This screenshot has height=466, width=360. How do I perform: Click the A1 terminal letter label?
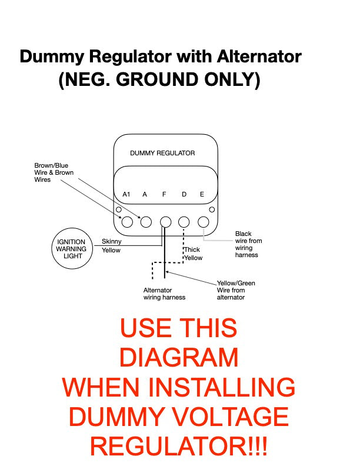pyautogui.click(x=126, y=194)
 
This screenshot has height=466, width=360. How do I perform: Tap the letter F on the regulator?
pyautogui.click(x=164, y=194)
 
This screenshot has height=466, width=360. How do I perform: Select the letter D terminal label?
pyautogui.click(x=184, y=194)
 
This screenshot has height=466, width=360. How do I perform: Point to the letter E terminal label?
pyautogui.click(x=202, y=194)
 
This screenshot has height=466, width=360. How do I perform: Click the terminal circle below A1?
pyautogui.click(x=127, y=222)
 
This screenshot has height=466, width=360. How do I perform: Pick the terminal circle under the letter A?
pyautogui.click(x=146, y=222)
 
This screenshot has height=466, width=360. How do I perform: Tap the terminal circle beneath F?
pyautogui.click(x=165, y=222)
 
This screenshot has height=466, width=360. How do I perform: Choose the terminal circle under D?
pyautogui.click(x=184, y=222)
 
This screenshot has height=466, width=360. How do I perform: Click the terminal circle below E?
pyautogui.click(x=204, y=222)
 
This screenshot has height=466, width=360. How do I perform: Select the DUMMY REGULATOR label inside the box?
pyautogui.click(x=162, y=153)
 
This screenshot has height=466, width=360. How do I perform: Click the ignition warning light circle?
pyautogui.click(x=72, y=228)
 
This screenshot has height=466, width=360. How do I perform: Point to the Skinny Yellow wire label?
pyautogui.click(x=111, y=246)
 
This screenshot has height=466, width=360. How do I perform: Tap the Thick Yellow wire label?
pyautogui.click(x=193, y=254)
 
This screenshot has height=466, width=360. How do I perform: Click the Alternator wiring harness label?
pyautogui.click(x=164, y=294)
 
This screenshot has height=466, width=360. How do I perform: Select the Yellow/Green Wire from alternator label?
pyautogui.click(x=236, y=290)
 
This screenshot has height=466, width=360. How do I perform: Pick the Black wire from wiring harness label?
pyautogui.click(x=249, y=244)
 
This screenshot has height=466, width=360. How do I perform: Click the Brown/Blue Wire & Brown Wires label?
pyautogui.click(x=54, y=172)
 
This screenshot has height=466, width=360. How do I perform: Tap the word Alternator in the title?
pyautogui.click(x=259, y=56)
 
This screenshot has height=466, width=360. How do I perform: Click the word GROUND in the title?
pyautogui.click(x=157, y=79)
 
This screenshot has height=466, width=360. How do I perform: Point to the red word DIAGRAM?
pyautogui.click(x=179, y=357)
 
